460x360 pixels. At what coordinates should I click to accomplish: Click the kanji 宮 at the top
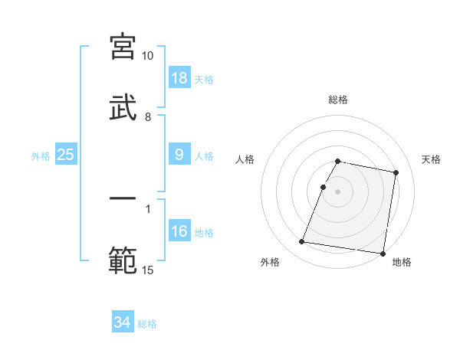(x=123, y=46)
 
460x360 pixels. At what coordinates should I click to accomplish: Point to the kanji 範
(x=123, y=260)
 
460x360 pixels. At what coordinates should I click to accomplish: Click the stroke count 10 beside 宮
(x=147, y=56)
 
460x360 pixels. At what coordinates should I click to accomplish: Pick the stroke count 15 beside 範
(x=147, y=270)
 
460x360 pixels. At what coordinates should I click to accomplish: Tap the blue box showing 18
(x=179, y=78)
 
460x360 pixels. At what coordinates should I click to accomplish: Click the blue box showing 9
(x=179, y=155)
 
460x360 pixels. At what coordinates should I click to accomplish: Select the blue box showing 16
(x=179, y=231)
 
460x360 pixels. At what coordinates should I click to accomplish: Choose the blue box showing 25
(x=66, y=155)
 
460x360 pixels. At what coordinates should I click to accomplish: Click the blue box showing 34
(x=123, y=322)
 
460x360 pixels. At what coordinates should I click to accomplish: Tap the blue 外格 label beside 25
(x=41, y=155)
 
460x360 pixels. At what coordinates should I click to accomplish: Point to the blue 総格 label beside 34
(x=147, y=324)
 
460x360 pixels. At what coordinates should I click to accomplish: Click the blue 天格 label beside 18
(x=204, y=80)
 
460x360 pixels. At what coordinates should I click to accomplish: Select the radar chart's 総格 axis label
(x=338, y=100)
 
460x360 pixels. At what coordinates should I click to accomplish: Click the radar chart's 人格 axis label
(x=245, y=159)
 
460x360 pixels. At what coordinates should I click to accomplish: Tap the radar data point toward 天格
(x=396, y=173)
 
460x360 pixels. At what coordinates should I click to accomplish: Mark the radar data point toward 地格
(x=382, y=253)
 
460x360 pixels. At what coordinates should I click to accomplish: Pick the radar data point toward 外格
(x=302, y=242)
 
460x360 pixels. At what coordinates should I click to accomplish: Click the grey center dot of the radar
(x=338, y=191)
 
